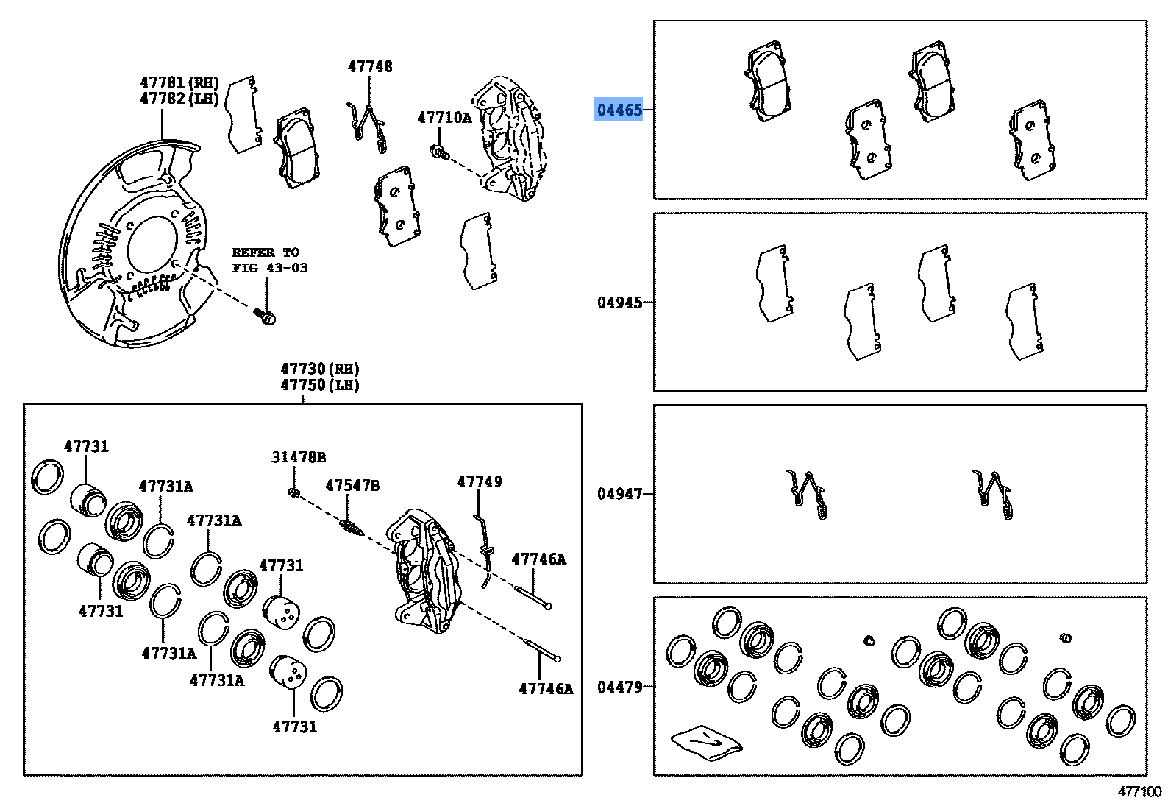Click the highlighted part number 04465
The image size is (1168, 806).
coord(619,110)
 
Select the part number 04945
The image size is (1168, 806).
coord(619,303)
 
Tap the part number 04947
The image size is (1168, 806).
coord(619,494)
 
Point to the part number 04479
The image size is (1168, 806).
coord(619,687)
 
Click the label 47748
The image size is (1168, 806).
coord(370,66)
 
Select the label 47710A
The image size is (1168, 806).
coord(444,117)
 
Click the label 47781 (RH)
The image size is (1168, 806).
coord(179,82)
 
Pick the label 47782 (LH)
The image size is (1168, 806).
coord(179,98)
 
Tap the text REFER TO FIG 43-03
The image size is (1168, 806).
coord(269,260)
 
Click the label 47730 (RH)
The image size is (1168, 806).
coord(319,369)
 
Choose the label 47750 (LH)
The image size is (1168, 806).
coord(319,385)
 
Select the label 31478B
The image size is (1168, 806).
coord(298,457)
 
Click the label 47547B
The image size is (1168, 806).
coord(352,486)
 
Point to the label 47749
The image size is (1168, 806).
coord(480,481)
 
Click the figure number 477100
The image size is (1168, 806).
coord(1139,792)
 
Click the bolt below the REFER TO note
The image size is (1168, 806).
coord(266,317)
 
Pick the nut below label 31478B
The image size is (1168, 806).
coord(293,492)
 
